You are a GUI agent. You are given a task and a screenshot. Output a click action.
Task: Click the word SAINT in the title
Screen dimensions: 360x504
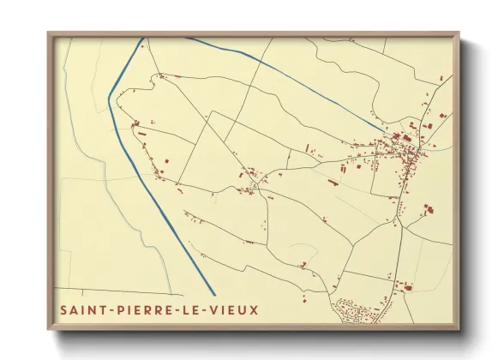(x=81, y=308)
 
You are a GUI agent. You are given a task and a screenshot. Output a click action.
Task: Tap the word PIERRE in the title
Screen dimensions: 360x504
(x=141, y=308)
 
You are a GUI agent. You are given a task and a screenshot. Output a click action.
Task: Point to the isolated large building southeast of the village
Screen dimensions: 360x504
(x=428, y=208)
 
